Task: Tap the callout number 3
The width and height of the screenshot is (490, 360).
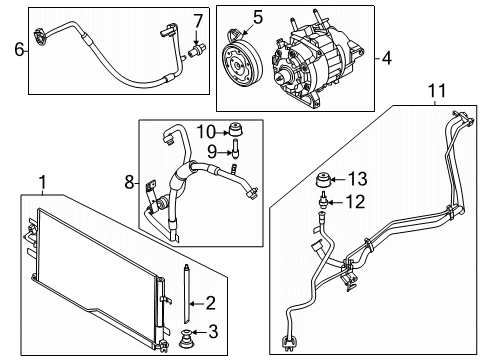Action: (x=211, y=334)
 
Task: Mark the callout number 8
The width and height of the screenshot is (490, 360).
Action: (x=126, y=183)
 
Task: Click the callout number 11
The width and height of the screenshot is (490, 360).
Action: (x=436, y=93)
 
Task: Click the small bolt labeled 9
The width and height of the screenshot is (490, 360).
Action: (x=236, y=152)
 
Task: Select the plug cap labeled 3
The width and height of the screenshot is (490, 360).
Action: (x=186, y=336)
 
